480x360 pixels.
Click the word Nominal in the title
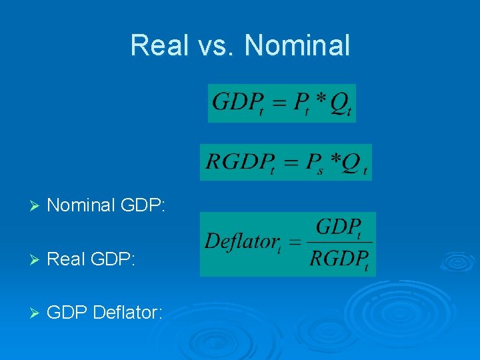pyautogui.click(x=297, y=45)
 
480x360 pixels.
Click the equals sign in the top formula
pyautogui.click(x=279, y=103)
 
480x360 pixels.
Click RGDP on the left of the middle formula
pyautogui.click(x=237, y=161)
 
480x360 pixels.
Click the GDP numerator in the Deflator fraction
pyautogui.click(x=338, y=227)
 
